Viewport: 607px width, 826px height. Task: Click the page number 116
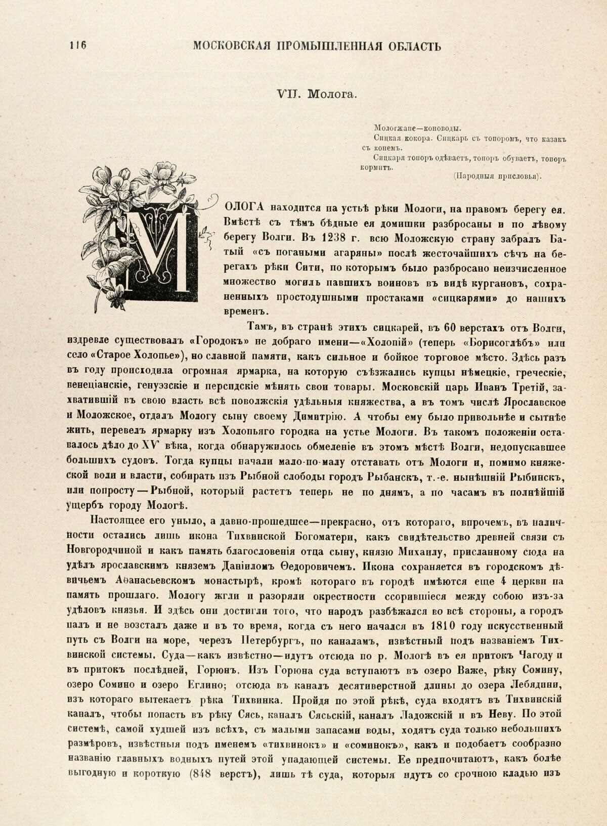[x=77, y=46]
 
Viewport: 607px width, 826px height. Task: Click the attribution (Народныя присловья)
[x=497, y=176]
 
